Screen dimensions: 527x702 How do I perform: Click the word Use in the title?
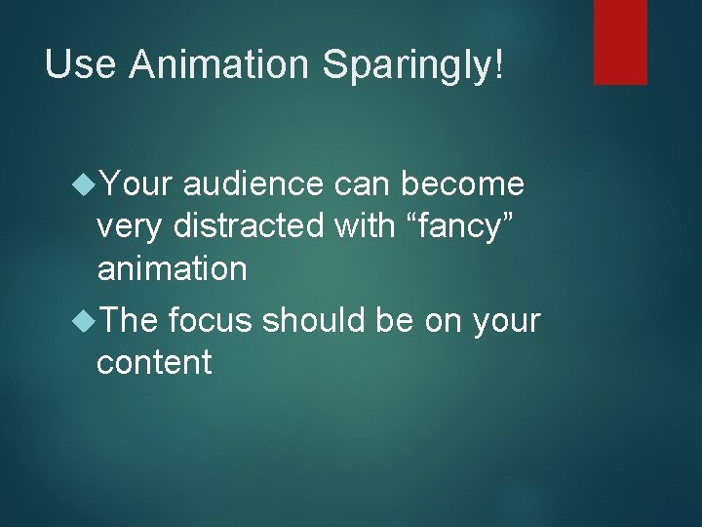click(81, 65)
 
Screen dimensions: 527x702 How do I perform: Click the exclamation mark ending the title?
click(500, 65)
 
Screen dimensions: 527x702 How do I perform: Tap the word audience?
click(252, 182)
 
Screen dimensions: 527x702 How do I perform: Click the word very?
click(131, 226)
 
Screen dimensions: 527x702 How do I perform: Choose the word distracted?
click(249, 225)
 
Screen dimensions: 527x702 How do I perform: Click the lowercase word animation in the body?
click(173, 269)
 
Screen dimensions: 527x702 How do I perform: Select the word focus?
click(211, 319)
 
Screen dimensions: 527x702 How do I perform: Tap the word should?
click(318, 319)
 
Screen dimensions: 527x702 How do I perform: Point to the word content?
click(154, 362)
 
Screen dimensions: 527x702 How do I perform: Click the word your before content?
click(505, 321)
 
